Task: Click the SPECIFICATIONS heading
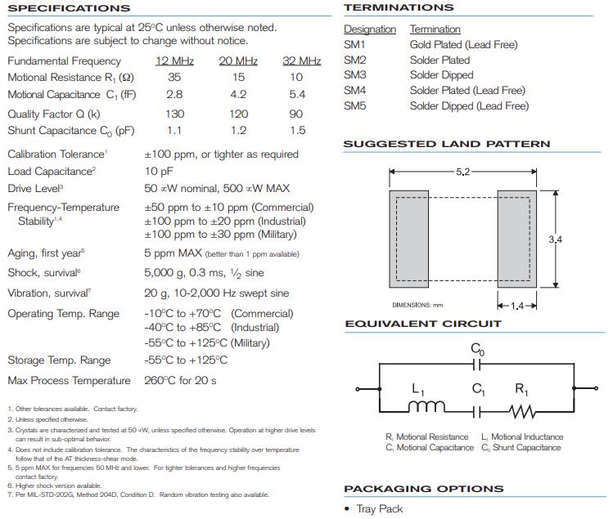coord(69,8)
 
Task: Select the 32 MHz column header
coord(301,61)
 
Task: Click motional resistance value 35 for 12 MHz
coord(174,78)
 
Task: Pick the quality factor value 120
coord(238,114)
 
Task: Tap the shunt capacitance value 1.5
coord(297,131)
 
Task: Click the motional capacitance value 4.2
coord(238,95)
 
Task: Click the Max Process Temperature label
coord(69,381)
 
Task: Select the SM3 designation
coord(355,75)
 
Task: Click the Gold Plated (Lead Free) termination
coord(463,45)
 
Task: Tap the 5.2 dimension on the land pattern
coord(462,172)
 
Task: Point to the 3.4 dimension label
coord(556,239)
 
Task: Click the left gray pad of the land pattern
coord(408,239)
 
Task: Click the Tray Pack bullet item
coord(379,509)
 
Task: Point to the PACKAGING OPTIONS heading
coord(423,490)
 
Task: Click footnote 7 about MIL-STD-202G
coord(138,494)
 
